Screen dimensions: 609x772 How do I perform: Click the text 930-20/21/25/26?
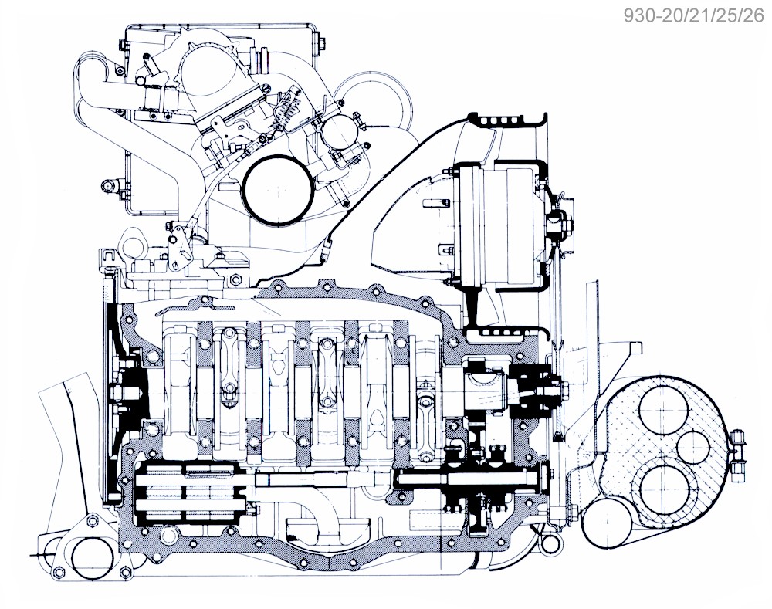tap(695, 16)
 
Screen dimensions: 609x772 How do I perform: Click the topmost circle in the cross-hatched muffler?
tap(665, 414)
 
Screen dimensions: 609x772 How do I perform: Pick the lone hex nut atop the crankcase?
tap(237, 278)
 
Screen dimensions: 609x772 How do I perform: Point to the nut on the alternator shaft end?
tap(554, 224)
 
